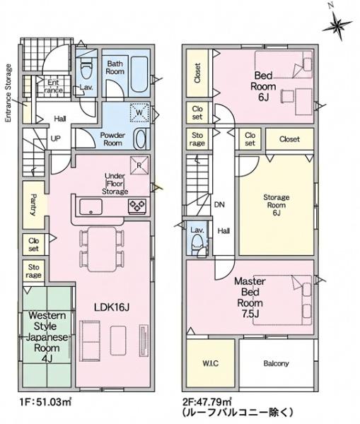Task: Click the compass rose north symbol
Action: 337,24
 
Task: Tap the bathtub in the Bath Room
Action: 139,74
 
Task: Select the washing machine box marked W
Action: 139,112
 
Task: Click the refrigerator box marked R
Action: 139,165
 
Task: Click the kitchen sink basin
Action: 91,206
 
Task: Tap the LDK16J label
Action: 111,307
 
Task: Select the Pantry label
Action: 33,205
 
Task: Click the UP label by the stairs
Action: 55,139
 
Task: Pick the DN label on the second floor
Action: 219,205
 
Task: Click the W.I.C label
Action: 210,363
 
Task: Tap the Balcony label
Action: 276,363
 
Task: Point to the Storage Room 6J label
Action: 276,205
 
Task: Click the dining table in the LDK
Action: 102,249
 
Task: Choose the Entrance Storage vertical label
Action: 8,93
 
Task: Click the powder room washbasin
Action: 141,139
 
